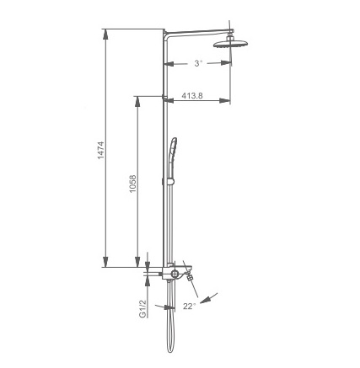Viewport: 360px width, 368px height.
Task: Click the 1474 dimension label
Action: (x=100, y=150)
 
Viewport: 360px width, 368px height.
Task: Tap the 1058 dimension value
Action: (x=132, y=184)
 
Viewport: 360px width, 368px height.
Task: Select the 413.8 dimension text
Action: (x=191, y=95)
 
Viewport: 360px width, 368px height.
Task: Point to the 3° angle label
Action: (x=198, y=63)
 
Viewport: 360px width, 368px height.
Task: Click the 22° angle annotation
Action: (x=189, y=306)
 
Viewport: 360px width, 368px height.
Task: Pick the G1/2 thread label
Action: (x=143, y=308)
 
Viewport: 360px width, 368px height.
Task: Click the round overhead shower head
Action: (x=231, y=44)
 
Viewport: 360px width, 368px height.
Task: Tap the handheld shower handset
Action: (x=172, y=157)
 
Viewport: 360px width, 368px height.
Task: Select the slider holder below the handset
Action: (x=171, y=182)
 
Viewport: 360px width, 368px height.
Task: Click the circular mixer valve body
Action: (x=175, y=274)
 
